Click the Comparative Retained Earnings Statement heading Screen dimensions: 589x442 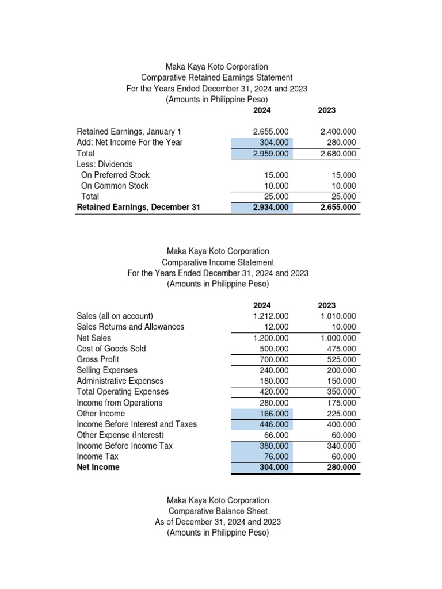pyautogui.click(x=217, y=78)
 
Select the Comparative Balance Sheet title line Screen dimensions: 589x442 pyautogui.click(x=218, y=511)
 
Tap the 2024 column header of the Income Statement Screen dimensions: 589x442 pyautogui.click(x=262, y=305)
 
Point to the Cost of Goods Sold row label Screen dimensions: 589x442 pyautogui.click(x=111, y=349)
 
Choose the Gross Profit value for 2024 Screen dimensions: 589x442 pyautogui.click(x=272, y=359)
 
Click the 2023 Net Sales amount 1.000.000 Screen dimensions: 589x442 pyautogui.click(x=338, y=338)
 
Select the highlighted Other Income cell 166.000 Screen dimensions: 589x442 pyautogui.click(x=272, y=414)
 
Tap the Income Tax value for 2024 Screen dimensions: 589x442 pyautogui.click(x=275, y=457)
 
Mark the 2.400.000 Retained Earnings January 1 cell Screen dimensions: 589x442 pyautogui.click(x=338, y=132)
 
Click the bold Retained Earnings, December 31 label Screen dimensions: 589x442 pyautogui.click(x=138, y=208)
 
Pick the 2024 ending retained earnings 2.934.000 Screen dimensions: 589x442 pyautogui.click(x=270, y=208)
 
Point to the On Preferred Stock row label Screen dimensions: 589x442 pyautogui.click(x=115, y=175)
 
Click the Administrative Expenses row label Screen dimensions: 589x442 pyautogui.click(x=120, y=381)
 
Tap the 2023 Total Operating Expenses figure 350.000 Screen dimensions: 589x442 pyautogui.click(x=340, y=392)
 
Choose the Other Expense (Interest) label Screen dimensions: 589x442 pyautogui.click(x=120, y=435)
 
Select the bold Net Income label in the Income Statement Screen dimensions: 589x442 pyautogui.click(x=98, y=468)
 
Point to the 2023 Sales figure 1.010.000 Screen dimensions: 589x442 pyautogui.click(x=338, y=316)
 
